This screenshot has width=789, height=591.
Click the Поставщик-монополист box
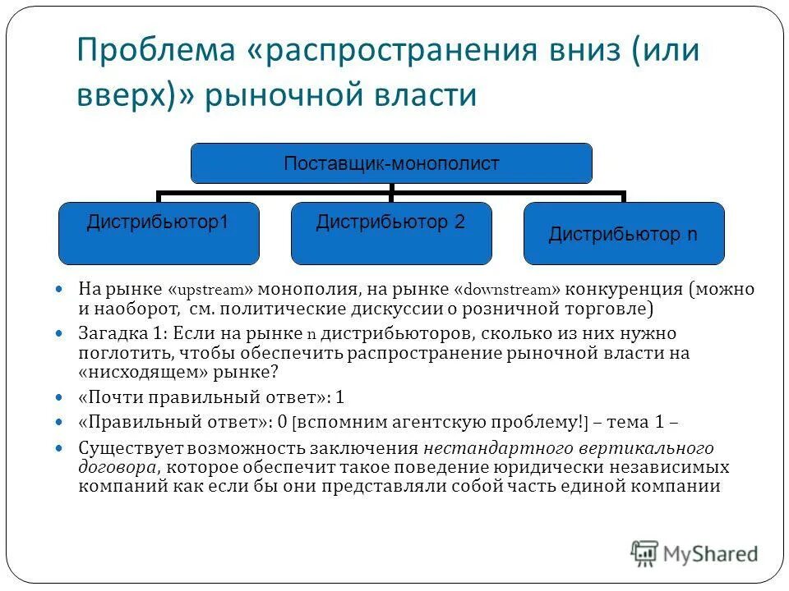coord(391,163)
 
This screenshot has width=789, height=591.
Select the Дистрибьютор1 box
coord(158,233)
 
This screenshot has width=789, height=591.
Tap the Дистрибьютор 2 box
coord(391,233)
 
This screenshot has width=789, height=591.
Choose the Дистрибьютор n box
coord(624,234)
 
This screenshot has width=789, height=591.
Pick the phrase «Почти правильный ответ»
coord(201,397)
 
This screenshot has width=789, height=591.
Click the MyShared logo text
coord(711,553)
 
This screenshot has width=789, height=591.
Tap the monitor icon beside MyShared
coord(645,552)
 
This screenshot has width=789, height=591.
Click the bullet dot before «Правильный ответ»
coord(58,423)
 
